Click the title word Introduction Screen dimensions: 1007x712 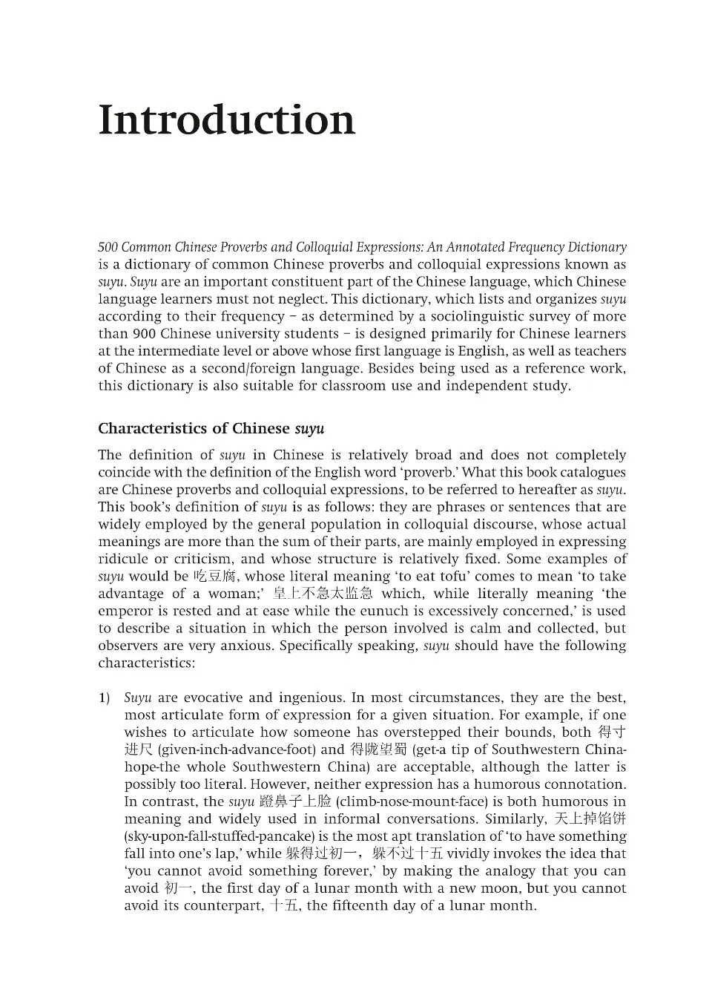pyautogui.click(x=226, y=120)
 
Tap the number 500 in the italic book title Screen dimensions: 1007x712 pyautogui.click(x=108, y=247)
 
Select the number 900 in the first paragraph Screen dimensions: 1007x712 pyautogui.click(x=143, y=334)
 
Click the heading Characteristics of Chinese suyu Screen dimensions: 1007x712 pyautogui.click(x=211, y=429)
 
